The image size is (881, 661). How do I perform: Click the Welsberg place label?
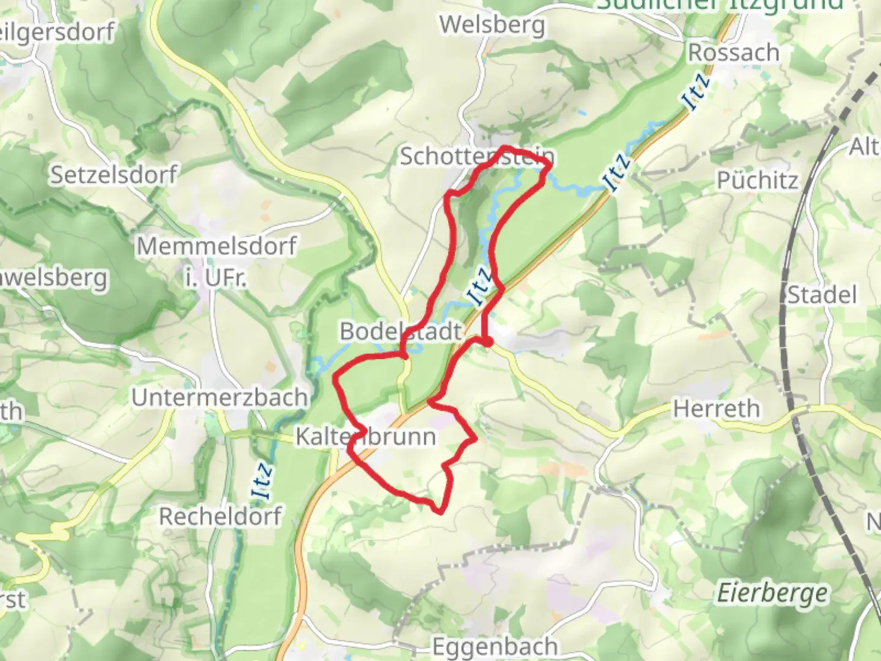(492, 26)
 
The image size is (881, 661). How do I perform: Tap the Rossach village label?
(734, 53)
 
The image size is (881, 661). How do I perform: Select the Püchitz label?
(757, 181)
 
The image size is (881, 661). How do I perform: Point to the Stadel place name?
(822, 295)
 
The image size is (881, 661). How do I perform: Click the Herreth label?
(716, 409)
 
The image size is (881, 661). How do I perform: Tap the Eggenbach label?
(495, 646)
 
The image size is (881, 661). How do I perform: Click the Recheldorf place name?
(220, 517)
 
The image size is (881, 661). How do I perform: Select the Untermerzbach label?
(219, 398)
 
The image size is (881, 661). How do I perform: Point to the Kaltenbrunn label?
(366, 437)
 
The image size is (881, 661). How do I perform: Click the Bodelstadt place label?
(401, 332)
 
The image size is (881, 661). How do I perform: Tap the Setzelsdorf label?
(113, 175)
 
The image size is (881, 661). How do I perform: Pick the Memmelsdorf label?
(216, 247)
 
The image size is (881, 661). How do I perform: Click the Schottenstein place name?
(477, 157)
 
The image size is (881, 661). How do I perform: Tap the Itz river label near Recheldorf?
(262, 482)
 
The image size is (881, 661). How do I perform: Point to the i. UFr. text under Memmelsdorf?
(216, 278)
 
